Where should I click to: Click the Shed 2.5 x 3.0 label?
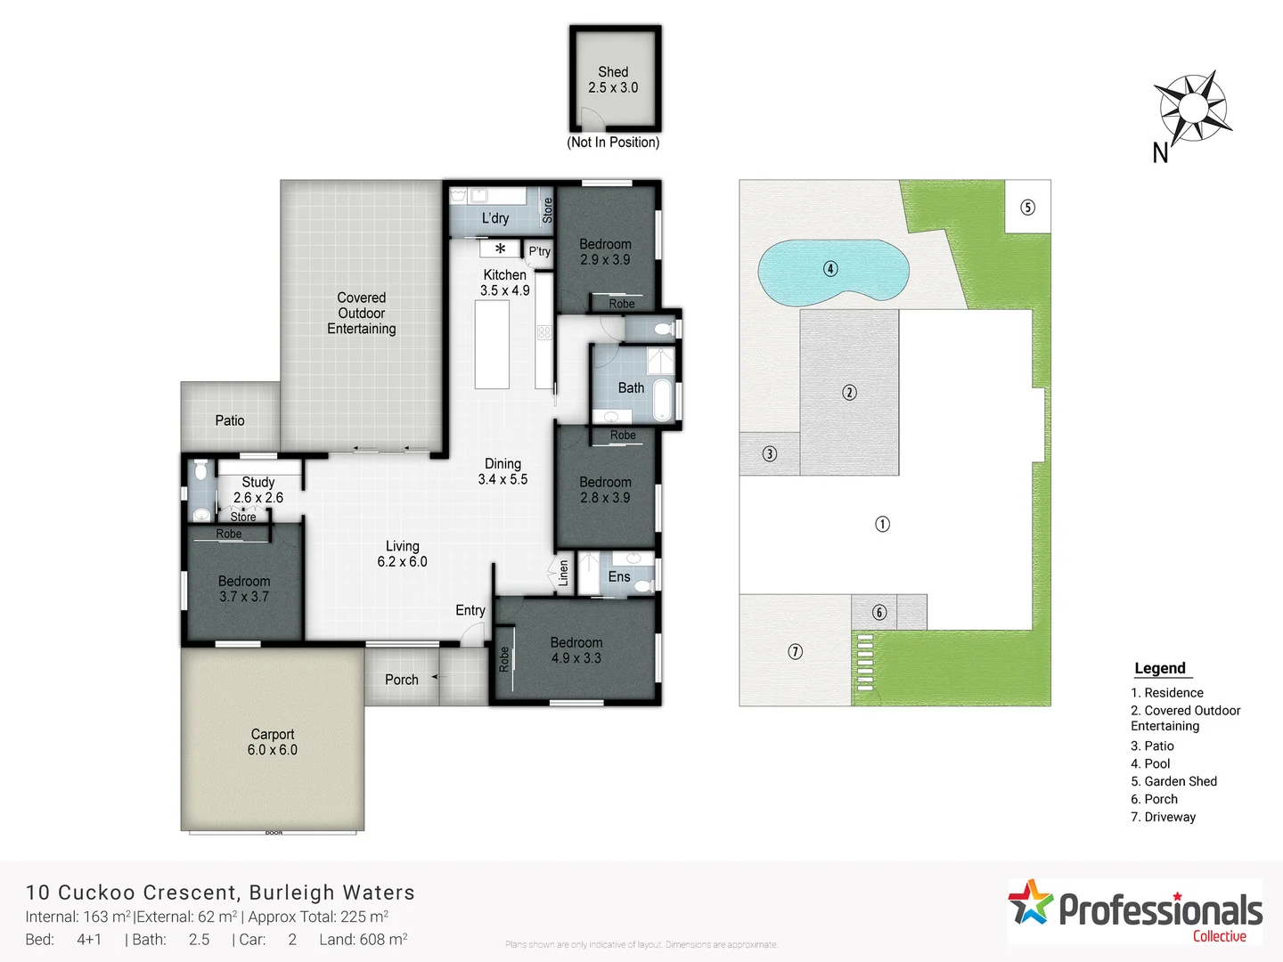[x=613, y=80]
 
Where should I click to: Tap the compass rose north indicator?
[x=1192, y=110]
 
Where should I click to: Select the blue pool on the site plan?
[x=832, y=269]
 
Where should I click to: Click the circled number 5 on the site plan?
[x=1027, y=208]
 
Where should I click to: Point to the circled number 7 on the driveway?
[x=796, y=652]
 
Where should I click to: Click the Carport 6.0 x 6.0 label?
[x=273, y=742]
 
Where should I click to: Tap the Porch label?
[x=402, y=680]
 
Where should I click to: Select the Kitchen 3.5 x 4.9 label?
[x=504, y=282]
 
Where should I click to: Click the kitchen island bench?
[x=492, y=345]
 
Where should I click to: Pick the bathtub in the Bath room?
[x=663, y=399]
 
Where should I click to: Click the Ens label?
[x=619, y=577]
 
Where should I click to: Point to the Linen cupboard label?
[x=563, y=573]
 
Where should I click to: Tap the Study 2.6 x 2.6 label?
[x=258, y=490]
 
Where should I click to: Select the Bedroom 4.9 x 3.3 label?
[x=576, y=650]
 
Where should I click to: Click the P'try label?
[x=540, y=252]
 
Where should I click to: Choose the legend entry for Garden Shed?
[x=1173, y=781]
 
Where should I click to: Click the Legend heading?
[x=1160, y=668]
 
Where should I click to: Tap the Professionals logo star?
[x=1031, y=901]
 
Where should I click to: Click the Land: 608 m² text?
[x=364, y=940]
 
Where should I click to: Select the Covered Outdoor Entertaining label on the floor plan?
[x=362, y=314]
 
